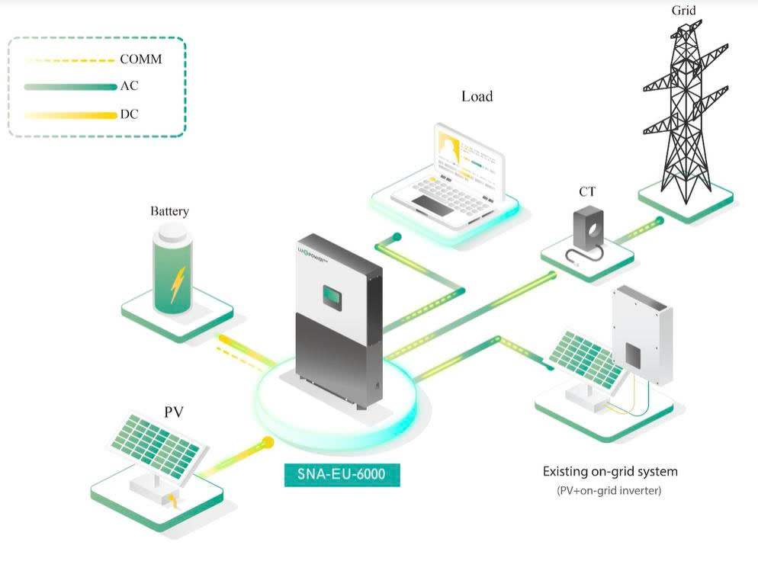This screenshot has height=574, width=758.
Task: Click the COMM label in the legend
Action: click(x=140, y=59)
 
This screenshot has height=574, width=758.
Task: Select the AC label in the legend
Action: click(x=129, y=86)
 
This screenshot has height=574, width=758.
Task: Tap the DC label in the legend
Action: click(x=129, y=114)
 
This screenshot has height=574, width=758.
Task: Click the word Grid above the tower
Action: click(x=683, y=11)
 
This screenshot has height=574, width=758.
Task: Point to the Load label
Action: click(x=477, y=97)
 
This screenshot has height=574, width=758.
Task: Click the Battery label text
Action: click(x=169, y=211)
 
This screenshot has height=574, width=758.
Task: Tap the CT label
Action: click(x=586, y=193)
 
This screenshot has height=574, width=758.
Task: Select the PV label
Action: click(x=174, y=412)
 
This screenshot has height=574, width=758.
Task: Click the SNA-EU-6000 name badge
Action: click(x=342, y=474)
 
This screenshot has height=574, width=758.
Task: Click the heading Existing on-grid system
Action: click(x=609, y=471)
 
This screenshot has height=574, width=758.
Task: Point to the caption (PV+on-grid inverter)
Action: click(x=609, y=491)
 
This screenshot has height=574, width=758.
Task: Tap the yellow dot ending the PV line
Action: click(x=268, y=441)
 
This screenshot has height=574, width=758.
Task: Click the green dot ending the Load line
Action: click(x=397, y=237)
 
